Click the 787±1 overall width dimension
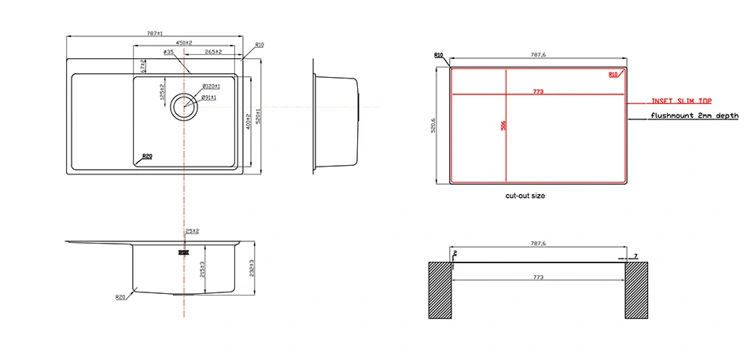pos(154,34)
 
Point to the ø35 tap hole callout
pos(168,52)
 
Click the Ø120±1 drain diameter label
pos(210,86)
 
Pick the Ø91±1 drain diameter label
pos(209,97)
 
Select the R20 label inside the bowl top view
pos(147,156)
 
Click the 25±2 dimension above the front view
pos(192,231)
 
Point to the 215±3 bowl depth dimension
pos(202,270)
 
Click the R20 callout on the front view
pos(120,297)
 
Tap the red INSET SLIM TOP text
pos(680,101)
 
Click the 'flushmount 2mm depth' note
pos(694,116)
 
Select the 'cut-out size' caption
pos(525,196)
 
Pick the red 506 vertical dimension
pos(503,127)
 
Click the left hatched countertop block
pos(440,290)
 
